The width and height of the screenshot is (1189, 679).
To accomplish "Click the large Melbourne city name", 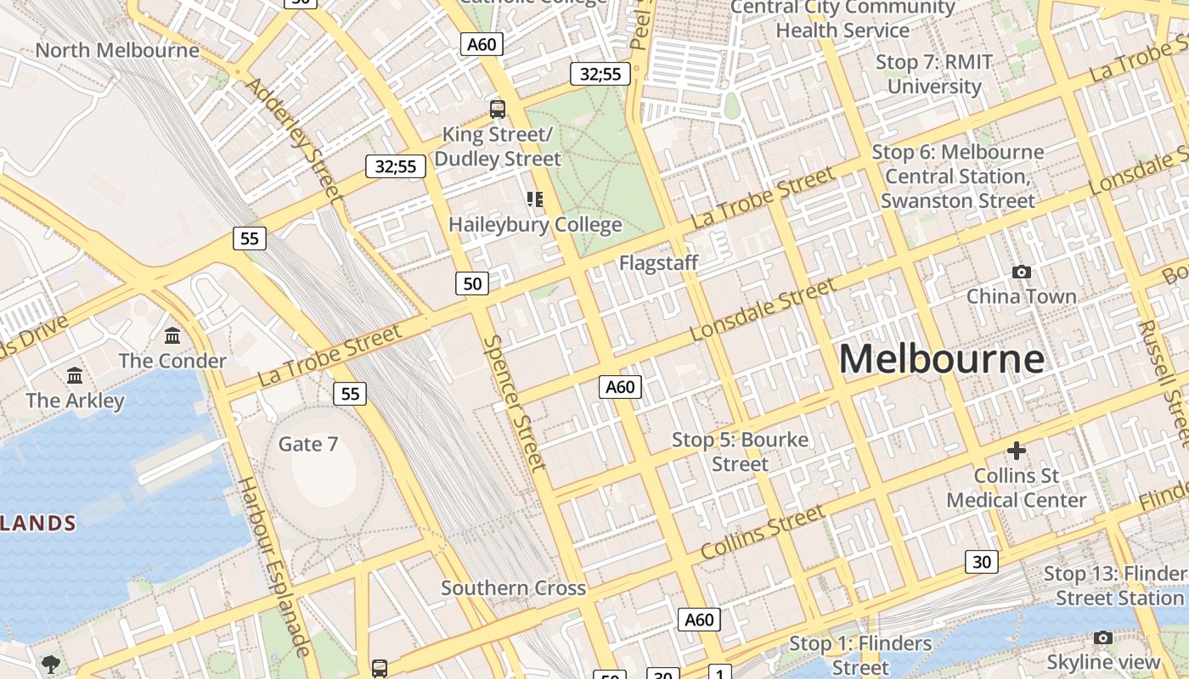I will coord(941,359).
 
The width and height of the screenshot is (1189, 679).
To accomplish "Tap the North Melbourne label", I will coord(117,50).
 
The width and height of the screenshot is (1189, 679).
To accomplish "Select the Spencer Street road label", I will coord(514,402).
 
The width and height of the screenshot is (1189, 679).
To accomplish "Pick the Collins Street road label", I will coord(762,532).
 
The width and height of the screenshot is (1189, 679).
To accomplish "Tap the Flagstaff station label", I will coord(658,263).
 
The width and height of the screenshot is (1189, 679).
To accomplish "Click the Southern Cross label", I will coord(513,588).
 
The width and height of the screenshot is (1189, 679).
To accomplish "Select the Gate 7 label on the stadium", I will coord(308,444).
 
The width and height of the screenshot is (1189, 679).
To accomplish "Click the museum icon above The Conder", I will coord(173,335).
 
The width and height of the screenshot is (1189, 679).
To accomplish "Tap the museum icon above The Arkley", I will coord(75,375).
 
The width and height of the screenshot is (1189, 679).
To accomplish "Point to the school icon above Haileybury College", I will coord(534,199).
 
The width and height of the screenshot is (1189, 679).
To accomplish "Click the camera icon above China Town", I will coord(1022,272).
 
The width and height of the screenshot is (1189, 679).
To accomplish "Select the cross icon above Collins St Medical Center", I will coord(1017,450).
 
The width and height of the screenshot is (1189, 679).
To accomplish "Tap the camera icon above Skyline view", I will coord(1103,637).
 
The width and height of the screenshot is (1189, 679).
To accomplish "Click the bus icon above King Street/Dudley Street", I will coord(498,109).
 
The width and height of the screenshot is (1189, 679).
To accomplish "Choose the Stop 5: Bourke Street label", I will coord(740,452).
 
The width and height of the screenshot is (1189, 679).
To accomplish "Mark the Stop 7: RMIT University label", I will coord(934,74).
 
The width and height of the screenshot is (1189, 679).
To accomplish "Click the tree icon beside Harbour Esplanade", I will coord(51,663).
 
